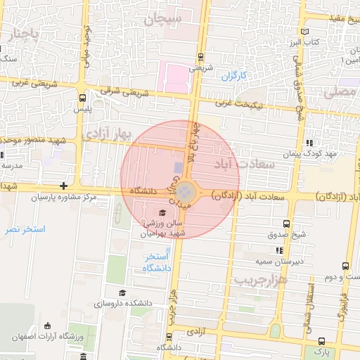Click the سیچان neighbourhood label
point(163,18)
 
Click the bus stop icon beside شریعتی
point(202,57)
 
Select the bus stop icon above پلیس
point(84,98)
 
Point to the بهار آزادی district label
point(106,134)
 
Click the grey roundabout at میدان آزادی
point(185,191)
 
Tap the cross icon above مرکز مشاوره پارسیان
point(64,186)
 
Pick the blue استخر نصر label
point(24,229)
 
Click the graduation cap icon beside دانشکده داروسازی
point(122,292)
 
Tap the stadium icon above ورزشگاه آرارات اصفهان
point(47,326)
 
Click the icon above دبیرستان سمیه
point(279,250)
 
